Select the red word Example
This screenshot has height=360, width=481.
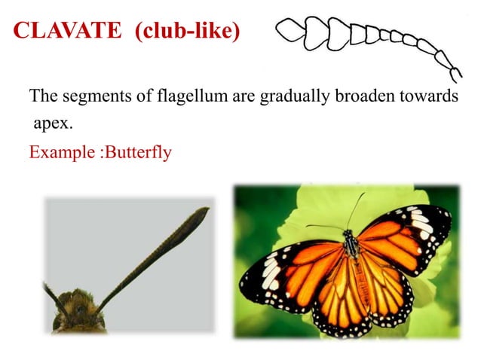pos(62,152)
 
